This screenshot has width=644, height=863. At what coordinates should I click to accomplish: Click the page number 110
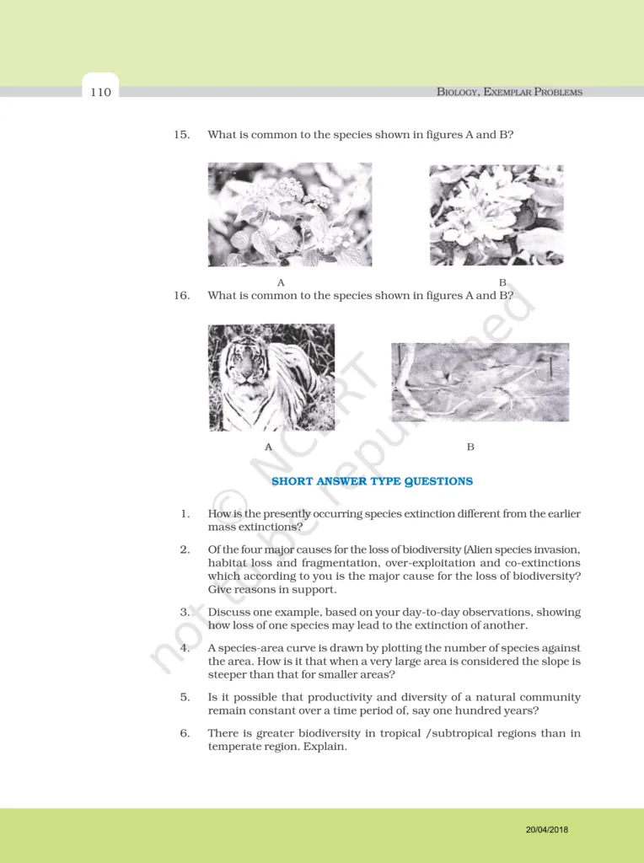pos(100,92)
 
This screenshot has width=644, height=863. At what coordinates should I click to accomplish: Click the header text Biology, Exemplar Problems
pos(509,92)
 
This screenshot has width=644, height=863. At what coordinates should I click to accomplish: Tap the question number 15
pos(181,135)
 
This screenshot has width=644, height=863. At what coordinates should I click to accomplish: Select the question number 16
pos(181,296)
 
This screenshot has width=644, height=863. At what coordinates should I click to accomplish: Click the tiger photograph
pos(271,378)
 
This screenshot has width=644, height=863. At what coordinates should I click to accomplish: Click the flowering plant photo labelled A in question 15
pos(289,214)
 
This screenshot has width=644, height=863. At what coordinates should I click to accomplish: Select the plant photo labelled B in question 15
pos(496,215)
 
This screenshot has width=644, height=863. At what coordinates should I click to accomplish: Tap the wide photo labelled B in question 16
pos(480,382)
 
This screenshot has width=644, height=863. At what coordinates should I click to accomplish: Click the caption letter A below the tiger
pos(269,447)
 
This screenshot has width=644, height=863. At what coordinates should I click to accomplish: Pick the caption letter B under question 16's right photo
pos(470,447)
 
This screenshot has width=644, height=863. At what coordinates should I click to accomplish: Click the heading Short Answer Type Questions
pos(372,481)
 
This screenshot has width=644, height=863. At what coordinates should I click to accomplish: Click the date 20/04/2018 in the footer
pos(546,830)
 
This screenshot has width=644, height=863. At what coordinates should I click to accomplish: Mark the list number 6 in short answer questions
pos(185,733)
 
